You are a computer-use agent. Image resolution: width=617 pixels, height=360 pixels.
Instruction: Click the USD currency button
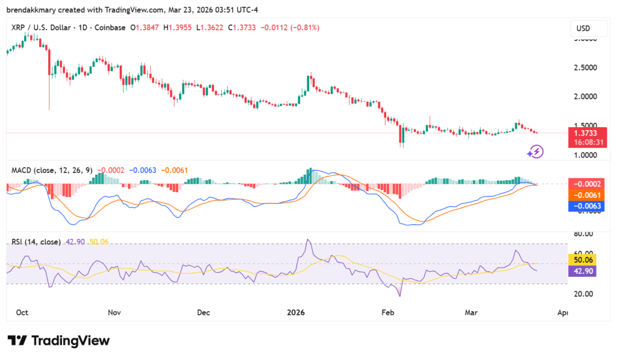583,28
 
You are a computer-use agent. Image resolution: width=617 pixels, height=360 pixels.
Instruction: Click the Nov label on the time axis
114,313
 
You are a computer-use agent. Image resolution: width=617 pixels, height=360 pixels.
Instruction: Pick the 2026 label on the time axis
295,313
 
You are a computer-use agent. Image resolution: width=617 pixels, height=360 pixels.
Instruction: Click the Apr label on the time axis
563,313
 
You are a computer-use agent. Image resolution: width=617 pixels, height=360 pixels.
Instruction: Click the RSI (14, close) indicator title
36,242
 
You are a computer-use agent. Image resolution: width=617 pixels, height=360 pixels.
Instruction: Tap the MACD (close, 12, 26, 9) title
52,170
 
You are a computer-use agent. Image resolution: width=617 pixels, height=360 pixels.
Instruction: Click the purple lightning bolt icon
536,151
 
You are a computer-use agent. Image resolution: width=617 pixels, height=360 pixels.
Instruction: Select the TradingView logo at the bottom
59,341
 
